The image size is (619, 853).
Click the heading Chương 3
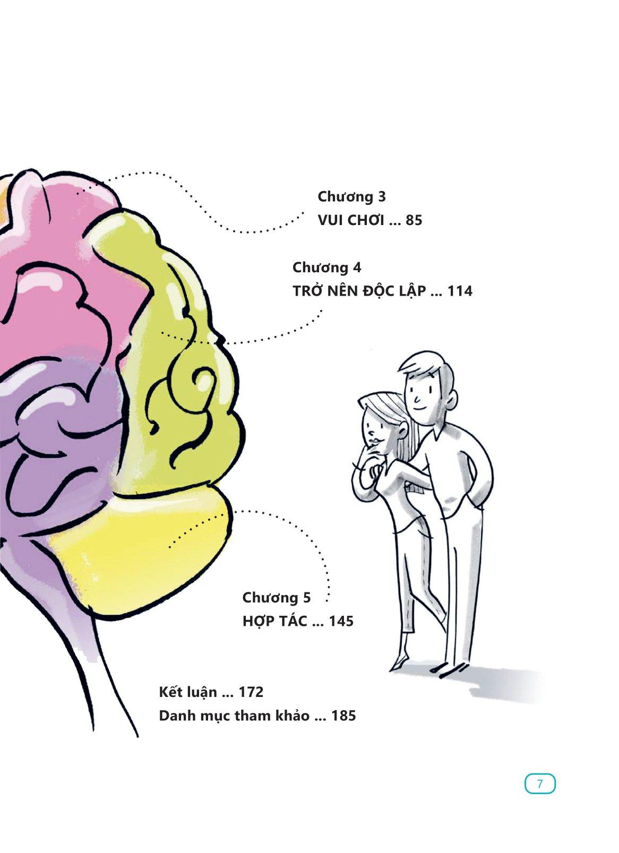(x=351, y=197)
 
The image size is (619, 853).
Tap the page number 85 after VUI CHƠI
(x=414, y=220)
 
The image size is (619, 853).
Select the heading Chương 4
(x=326, y=268)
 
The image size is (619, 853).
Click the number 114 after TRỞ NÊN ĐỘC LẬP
(x=459, y=291)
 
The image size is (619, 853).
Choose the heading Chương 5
(x=277, y=598)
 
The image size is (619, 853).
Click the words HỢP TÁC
(x=274, y=621)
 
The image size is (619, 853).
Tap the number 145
(x=341, y=621)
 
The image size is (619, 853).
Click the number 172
(x=251, y=692)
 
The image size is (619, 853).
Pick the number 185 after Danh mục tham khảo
(x=343, y=716)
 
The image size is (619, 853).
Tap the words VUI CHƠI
(x=351, y=220)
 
